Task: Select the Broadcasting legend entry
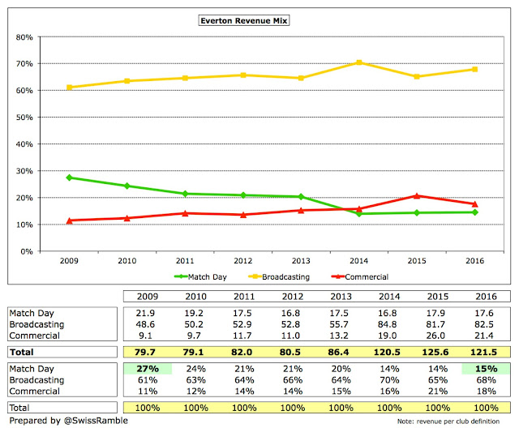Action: click(268, 276)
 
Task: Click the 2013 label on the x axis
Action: click(300, 263)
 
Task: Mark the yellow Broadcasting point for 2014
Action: click(358, 62)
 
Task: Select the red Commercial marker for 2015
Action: click(417, 195)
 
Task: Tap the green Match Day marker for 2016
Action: click(474, 212)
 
